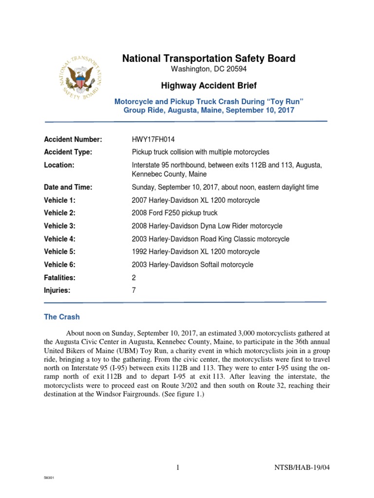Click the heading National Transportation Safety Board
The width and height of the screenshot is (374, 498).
click(x=208, y=59)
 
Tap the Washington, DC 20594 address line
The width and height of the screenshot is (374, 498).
click(x=208, y=70)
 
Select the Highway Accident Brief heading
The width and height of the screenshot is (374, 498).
click(x=208, y=86)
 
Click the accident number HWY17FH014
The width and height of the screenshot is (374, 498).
click(x=152, y=140)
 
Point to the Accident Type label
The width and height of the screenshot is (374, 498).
click(x=68, y=152)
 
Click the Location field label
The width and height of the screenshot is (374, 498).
click(x=59, y=165)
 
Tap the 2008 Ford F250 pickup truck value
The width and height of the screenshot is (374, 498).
click(x=174, y=213)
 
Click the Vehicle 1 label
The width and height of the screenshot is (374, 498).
click(x=60, y=200)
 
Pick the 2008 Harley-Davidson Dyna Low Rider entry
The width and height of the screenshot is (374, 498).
click(x=207, y=226)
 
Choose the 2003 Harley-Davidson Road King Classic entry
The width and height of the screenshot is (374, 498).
click(x=210, y=239)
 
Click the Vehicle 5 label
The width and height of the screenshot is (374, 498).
click(x=60, y=252)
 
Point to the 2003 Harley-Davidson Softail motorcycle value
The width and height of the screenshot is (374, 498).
click(x=192, y=265)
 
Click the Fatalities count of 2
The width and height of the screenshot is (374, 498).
click(x=134, y=278)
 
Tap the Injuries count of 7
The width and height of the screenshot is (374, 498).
click(x=134, y=291)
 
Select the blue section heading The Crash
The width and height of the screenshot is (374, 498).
click(x=62, y=317)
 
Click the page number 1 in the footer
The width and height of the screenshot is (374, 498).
click(x=178, y=468)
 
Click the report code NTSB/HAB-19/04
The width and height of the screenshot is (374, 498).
click(x=302, y=468)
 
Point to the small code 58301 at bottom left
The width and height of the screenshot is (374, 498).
click(x=49, y=479)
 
